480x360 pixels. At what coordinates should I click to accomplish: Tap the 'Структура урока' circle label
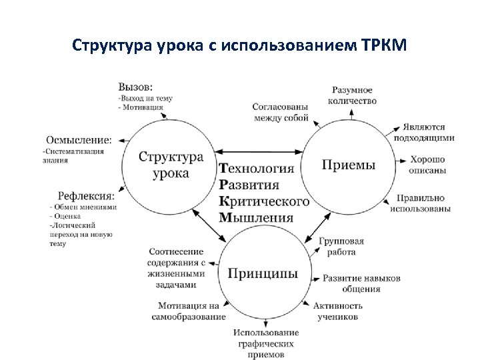click(171, 165)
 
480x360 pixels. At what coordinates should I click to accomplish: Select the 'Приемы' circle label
click(348, 164)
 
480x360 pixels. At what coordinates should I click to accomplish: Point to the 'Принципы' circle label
click(262, 273)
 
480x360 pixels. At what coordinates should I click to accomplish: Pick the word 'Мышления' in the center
click(256, 217)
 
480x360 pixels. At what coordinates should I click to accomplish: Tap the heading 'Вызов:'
click(135, 87)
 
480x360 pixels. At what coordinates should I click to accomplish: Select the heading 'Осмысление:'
click(79, 140)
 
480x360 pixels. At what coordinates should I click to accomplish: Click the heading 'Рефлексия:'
click(85, 197)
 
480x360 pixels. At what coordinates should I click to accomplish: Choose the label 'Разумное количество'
click(352, 95)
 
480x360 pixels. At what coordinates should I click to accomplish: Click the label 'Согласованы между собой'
click(280, 113)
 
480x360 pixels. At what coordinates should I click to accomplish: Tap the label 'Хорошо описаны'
click(427, 165)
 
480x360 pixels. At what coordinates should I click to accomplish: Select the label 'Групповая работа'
click(341, 246)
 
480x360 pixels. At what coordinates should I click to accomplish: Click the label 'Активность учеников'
click(337, 311)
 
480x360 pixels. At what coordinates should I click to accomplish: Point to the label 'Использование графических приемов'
click(266, 343)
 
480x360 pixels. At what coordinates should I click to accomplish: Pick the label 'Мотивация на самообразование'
click(192, 311)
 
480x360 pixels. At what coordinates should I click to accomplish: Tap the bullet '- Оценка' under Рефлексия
click(66, 216)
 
